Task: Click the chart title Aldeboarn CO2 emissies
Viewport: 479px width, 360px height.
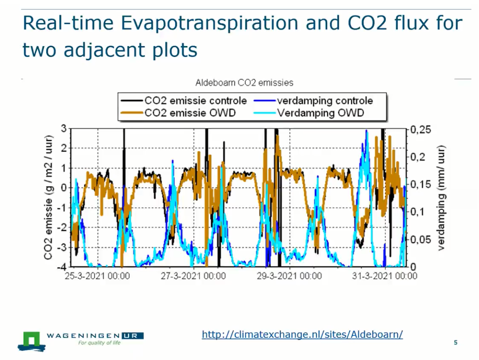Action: point(244,82)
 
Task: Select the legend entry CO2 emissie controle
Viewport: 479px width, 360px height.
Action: point(195,101)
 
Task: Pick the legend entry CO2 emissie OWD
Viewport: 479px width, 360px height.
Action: point(190,113)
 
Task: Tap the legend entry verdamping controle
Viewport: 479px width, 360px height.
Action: point(325,101)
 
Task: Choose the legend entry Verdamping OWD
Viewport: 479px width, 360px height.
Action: point(320,113)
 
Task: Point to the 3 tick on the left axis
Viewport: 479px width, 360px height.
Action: point(64,129)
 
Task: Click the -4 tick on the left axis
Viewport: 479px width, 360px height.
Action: point(63,267)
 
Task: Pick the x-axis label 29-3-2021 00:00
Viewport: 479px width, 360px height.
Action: point(289,276)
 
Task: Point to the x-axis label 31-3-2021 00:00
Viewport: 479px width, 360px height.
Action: point(385,276)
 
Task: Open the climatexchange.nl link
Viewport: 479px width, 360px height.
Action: point(302,334)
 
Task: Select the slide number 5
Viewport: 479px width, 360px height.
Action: point(455,343)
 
